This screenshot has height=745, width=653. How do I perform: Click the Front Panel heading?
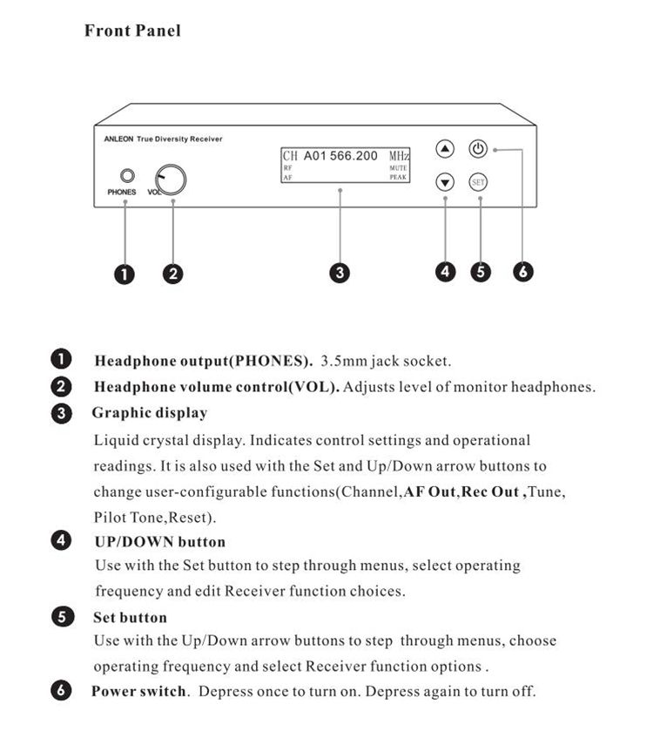(x=132, y=31)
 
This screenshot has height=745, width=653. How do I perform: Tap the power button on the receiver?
(x=477, y=149)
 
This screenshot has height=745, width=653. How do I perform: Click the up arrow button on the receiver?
(x=445, y=149)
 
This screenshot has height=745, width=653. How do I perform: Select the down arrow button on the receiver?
(x=445, y=183)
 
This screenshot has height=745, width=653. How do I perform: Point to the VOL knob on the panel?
(x=172, y=179)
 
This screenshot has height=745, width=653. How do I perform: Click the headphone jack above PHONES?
(x=126, y=176)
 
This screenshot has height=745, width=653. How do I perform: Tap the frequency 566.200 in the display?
(x=353, y=156)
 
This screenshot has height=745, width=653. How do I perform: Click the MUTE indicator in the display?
(x=398, y=168)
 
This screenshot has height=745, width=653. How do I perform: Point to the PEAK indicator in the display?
(x=398, y=177)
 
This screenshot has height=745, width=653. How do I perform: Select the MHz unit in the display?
(x=398, y=156)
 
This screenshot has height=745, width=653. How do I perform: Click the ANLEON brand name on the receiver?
(x=111, y=139)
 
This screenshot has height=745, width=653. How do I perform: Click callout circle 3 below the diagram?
(x=340, y=273)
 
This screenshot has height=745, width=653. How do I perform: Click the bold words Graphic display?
(x=150, y=413)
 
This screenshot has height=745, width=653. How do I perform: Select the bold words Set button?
(x=130, y=618)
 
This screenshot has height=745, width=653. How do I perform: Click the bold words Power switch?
(x=139, y=692)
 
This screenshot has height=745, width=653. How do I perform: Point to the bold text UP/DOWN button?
(x=159, y=542)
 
